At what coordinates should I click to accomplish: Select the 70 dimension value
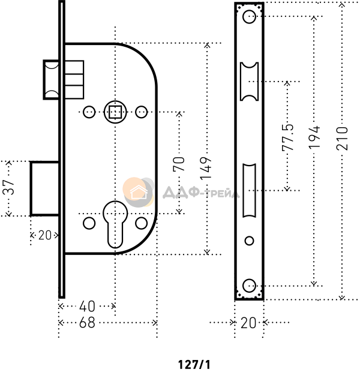(179, 164)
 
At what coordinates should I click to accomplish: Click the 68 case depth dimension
(87, 322)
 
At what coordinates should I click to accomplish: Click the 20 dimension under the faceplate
(248, 323)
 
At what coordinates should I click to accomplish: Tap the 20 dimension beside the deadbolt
(44, 236)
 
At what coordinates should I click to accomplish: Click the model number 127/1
(194, 364)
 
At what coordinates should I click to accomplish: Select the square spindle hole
(115, 111)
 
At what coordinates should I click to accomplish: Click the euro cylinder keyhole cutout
(114, 226)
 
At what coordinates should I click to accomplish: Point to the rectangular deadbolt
(44, 188)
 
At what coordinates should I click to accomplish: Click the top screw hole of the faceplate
(250, 17)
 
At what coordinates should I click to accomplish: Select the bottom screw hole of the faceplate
(250, 284)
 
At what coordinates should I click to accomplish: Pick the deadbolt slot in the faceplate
(250, 191)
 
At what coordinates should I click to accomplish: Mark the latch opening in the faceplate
(250, 81)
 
